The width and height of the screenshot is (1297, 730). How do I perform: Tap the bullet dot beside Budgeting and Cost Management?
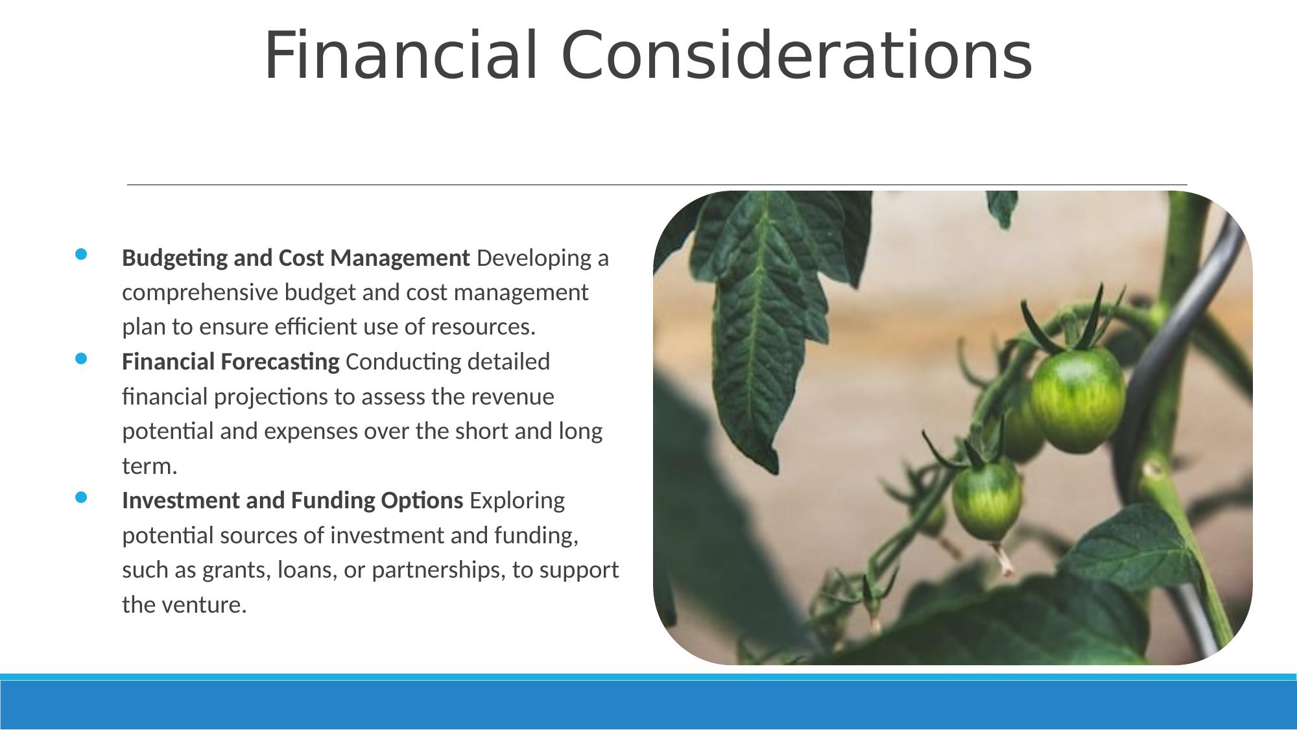(80, 255)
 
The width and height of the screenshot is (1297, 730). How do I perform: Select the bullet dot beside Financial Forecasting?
(80, 359)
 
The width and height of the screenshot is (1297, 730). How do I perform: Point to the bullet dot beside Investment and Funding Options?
(80, 497)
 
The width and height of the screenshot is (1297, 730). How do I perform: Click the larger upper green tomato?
(1077, 399)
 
